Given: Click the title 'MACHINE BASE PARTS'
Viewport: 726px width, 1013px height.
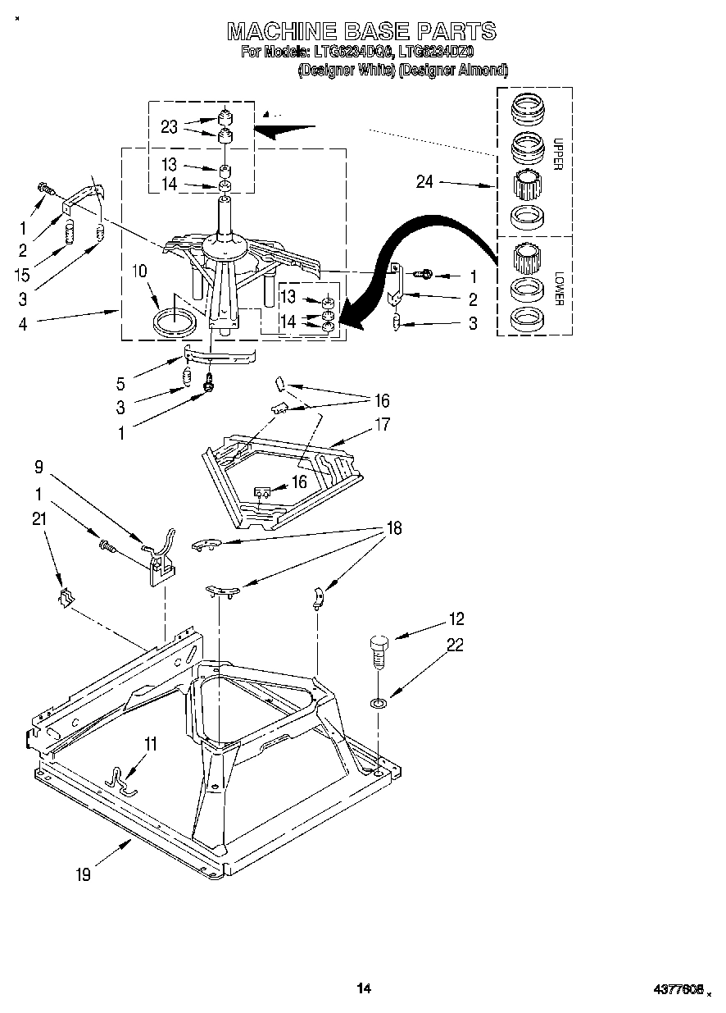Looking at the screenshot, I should tap(361, 31).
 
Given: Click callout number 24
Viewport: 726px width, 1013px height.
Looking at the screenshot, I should tap(424, 182).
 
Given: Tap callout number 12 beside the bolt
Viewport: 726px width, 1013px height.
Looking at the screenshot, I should tap(456, 619).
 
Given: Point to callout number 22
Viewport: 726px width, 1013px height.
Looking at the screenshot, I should tap(456, 646).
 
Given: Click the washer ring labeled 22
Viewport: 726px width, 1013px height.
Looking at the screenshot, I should tap(379, 702).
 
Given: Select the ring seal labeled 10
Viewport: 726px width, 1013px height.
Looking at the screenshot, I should tap(175, 321).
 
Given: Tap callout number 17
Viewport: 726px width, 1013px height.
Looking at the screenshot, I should tap(382, 425).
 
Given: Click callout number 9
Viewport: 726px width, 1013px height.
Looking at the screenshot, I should tap(38, 468).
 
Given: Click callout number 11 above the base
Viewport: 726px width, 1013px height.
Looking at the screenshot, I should tap(150, 744).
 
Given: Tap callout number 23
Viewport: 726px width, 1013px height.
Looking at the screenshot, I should tap(170, 126).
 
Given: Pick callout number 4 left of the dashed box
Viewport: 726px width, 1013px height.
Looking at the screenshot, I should tap(23, 323).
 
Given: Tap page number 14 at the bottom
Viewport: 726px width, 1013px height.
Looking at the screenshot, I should tap(364, 989).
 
